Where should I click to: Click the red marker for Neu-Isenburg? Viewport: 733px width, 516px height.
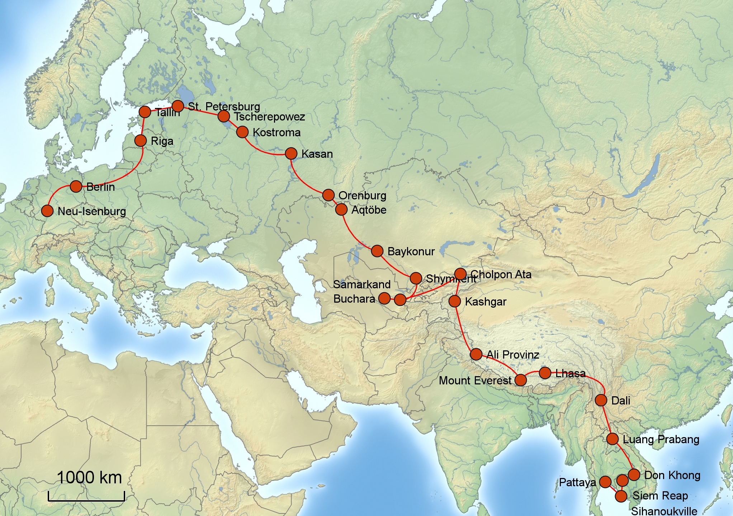click(47, 211)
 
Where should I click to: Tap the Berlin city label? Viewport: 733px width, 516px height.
click(100, 187)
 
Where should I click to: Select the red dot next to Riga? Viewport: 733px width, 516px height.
click(141, 140)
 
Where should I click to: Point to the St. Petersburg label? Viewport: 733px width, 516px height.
click(224, 106)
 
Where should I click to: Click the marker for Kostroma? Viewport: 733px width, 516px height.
click(242, 132)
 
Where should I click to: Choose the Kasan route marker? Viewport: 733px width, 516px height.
click(291, 153)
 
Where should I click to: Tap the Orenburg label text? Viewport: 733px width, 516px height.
click(362, 195)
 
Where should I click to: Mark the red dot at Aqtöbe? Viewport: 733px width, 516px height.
click(341, 209)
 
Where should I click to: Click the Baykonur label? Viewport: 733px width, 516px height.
click(411, 251)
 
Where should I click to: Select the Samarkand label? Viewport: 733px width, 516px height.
click(361, 284)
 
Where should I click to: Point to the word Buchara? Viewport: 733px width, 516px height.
click(354, 299)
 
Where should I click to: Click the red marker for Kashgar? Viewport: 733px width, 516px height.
click(455, 301)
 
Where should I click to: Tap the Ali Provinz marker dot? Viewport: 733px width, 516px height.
click(476, 354)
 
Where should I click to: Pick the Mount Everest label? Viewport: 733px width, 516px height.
click(475, 380)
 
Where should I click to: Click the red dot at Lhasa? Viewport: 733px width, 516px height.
click(545, 373)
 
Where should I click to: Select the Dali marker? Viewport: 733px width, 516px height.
click(601, 400)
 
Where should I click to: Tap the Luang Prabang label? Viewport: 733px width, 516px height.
click(661, 439)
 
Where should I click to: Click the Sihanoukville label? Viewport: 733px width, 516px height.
click(664, 511)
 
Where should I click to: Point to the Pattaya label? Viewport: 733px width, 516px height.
click(577, 482)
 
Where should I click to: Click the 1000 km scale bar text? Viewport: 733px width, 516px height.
click(89, 478)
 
